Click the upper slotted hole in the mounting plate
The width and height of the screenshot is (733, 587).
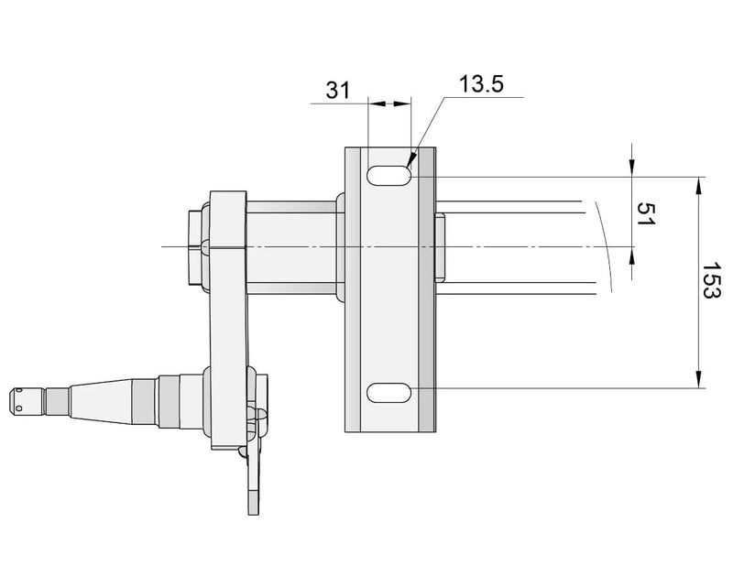(x=389, y=175)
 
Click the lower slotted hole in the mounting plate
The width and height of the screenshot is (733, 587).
(x=389, y=392)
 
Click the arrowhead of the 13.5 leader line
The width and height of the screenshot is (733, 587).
(x=413, y=160)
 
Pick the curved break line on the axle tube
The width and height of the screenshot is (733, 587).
(x=606, y=247)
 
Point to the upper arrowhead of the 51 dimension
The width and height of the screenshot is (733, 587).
(x=632, y=165)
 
